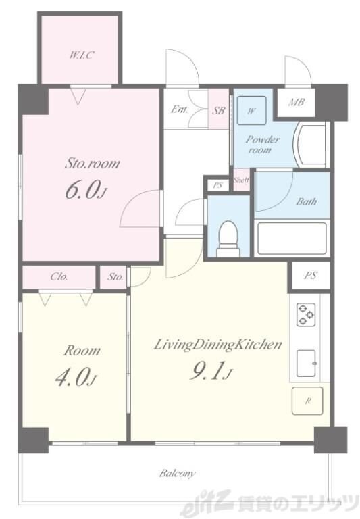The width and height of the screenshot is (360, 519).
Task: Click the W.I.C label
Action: coord(82,55)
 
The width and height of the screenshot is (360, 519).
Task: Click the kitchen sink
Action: coord(306,364)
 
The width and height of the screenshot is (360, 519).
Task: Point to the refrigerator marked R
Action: coord(307,401)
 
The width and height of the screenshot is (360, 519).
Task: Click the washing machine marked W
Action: coord(252,111)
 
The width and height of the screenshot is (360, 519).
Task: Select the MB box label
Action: coord(296,102)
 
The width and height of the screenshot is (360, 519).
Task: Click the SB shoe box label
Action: coord(218,110)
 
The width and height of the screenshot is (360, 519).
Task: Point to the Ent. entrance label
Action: coord(180,109)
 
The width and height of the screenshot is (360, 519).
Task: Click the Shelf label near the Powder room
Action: coord(241,180)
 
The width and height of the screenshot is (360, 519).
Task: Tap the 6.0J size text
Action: coord(86,191)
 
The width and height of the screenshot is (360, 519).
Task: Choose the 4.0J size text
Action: coord(76,377)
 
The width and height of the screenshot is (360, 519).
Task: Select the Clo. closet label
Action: coord(59,276)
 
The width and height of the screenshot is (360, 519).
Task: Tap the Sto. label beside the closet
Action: coord(115,276)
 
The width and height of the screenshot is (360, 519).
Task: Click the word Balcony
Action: coord(178,473)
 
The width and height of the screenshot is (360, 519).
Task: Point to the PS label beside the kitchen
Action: coord(311,276)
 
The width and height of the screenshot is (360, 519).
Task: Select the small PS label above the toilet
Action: coord(217,185)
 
